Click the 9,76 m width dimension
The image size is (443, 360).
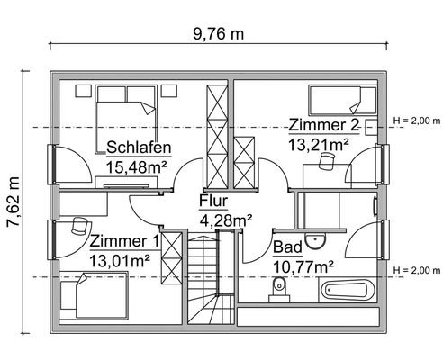pos(220,33)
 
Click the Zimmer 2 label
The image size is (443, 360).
pos(323,124)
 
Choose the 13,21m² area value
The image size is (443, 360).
pos(318,142)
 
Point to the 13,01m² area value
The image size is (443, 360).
pos(119,260)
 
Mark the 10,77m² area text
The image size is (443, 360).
pos(303,265)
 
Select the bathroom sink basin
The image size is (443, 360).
pos(315,241)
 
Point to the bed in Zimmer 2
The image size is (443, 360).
pos(339,98)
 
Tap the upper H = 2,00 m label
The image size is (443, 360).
pos(415,120)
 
